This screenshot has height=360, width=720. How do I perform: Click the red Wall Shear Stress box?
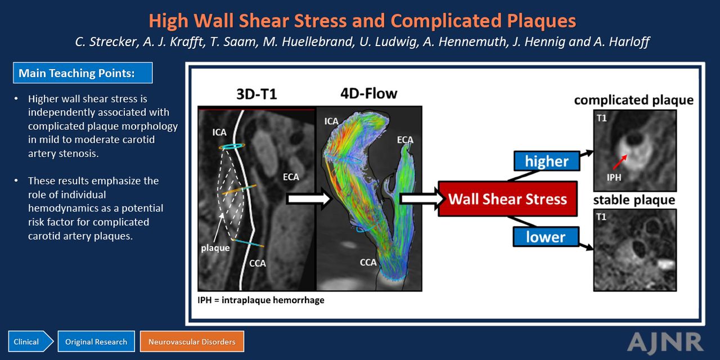click(507, 199)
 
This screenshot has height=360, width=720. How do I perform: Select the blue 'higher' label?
click(547, 161)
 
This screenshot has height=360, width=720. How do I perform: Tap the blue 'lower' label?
click(546, 237)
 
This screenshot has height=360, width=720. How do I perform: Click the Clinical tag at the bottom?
click(30, 341)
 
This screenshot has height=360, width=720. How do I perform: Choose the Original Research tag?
click(96, 341)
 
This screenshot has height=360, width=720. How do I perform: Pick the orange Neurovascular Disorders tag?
click(192, 341)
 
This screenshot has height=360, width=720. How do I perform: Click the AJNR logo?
click(665, 343)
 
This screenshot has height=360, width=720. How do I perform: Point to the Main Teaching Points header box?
click(83, 73)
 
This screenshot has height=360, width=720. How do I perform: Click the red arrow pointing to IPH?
click(620, 161)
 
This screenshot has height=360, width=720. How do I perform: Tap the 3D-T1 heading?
click(256, 94)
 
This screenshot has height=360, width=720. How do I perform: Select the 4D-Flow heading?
click(368, 93)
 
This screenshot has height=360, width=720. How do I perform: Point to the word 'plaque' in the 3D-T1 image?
click(215, 248)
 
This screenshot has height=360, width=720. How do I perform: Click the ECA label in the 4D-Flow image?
click(405, 140)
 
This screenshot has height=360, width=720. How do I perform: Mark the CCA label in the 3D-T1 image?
click(258, 263)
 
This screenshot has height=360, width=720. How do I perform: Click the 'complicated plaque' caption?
click(633, 100)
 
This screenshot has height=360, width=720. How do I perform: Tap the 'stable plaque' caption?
click(634, 200)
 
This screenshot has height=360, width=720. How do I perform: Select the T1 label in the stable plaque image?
click(601, 217)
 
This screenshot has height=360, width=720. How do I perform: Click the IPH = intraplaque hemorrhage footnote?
click(260, 300)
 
